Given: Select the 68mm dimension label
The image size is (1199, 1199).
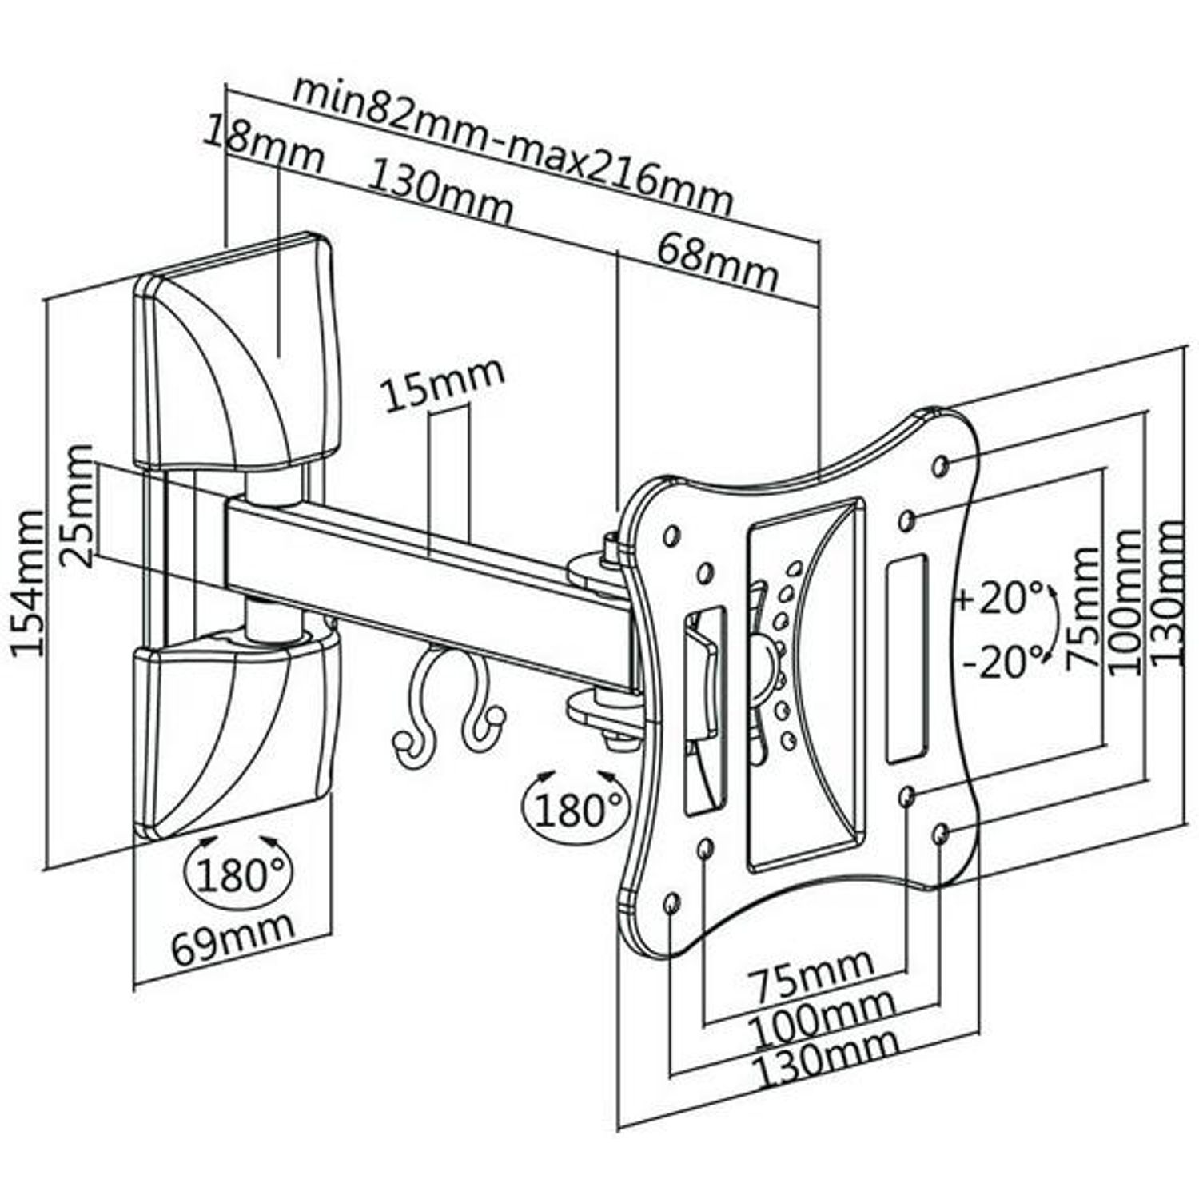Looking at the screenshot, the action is coord(717,262).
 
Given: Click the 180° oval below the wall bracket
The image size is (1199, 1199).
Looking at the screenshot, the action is coord(239,874).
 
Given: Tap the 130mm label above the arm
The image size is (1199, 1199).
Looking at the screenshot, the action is coord(439,193).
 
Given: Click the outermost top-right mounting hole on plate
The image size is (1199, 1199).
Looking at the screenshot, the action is coord(942,464).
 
